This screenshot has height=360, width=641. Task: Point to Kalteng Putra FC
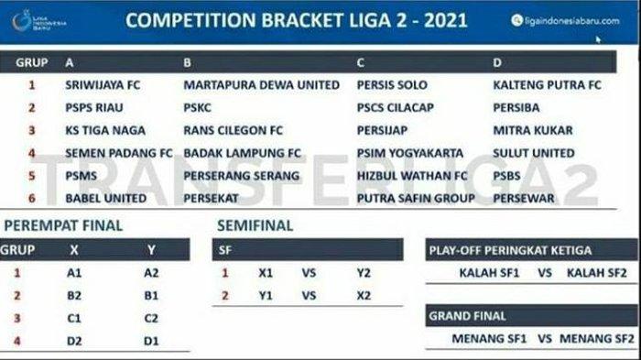(547, 85)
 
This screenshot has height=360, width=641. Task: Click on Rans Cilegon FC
(234, 130)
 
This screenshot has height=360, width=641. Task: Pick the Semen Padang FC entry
(119, 152)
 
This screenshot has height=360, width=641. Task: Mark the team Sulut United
(533, 152)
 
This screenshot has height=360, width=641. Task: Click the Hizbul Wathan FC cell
(411, 174)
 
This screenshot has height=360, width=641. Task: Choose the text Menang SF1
(490, 339)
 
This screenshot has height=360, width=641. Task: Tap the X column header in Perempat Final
(74, 249)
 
